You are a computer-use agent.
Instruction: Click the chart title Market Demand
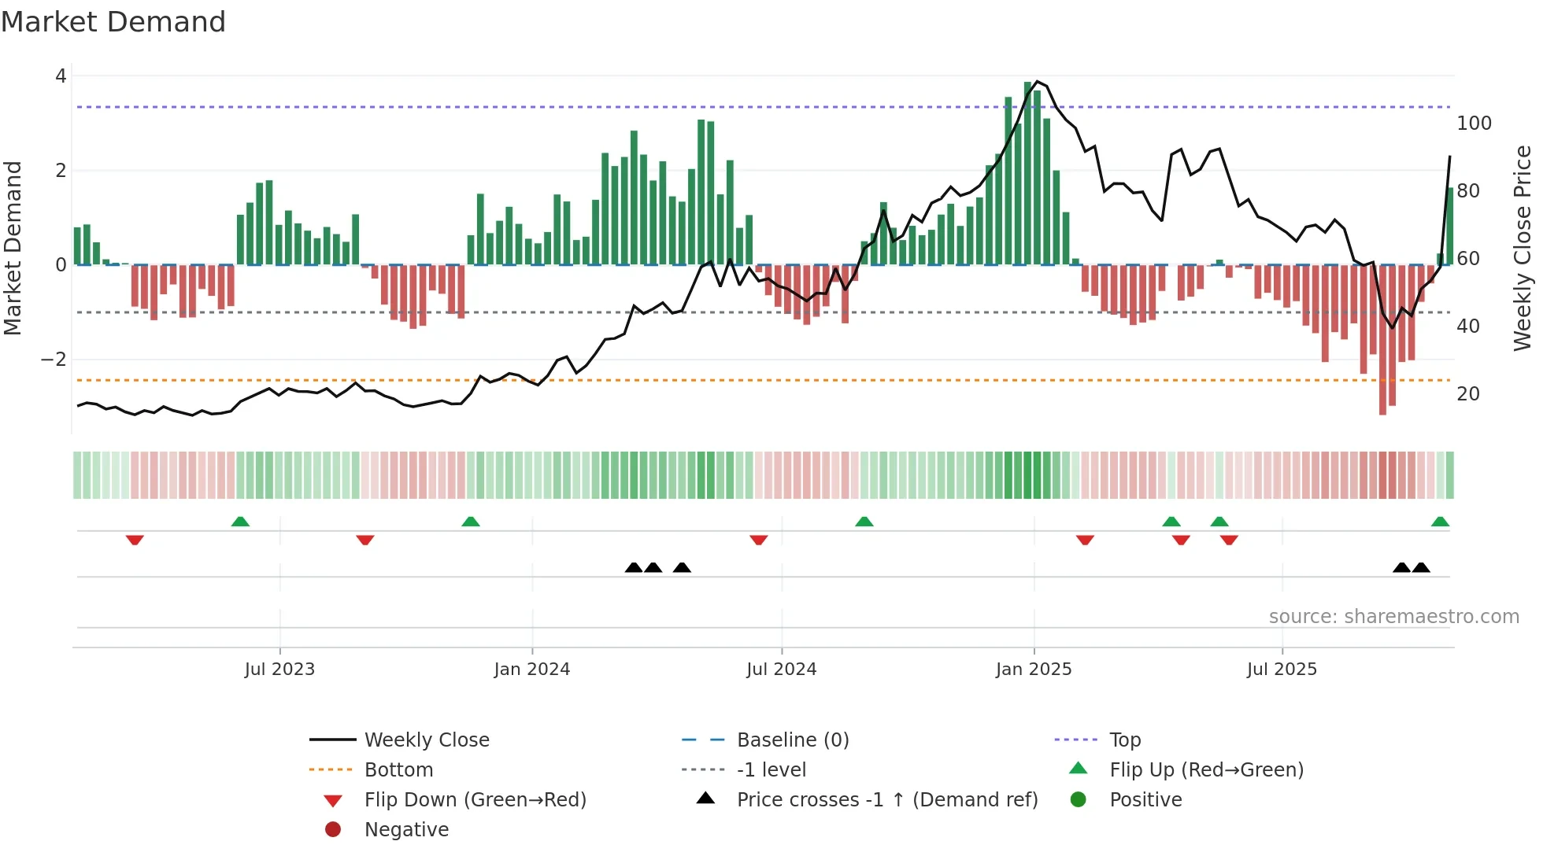[113, 22]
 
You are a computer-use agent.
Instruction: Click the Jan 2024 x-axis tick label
[531, 670]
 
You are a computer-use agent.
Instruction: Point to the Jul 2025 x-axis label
[1282, 670]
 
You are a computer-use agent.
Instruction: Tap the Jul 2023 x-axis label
[279, 670]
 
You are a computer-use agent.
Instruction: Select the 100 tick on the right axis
[1474, 124]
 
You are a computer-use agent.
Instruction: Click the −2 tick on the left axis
[54, 360]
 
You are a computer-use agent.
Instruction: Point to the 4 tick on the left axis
[61, 76]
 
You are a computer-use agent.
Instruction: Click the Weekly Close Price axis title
[1523, 248]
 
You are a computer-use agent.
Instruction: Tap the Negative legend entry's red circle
[333, 830]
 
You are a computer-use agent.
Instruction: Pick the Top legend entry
[1125, 740]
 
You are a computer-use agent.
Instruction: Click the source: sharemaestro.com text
[1393, 617]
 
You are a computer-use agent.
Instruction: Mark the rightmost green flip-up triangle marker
[1440, 522]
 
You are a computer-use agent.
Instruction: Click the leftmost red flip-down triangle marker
[135, 540]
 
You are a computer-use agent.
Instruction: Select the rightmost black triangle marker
[1421, 567]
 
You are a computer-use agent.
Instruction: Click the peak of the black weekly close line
[1038, 81]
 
